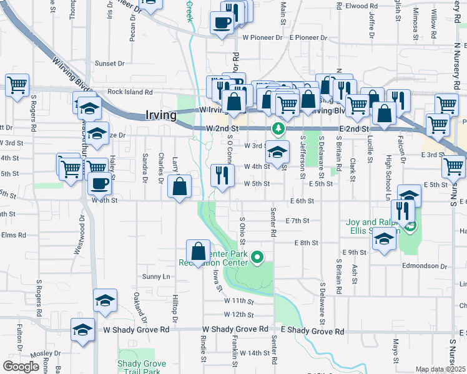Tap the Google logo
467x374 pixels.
tap(21, 367)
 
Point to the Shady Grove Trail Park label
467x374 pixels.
tap(142, 368)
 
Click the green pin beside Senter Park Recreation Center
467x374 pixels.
tap(256, 256)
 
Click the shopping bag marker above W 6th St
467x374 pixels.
tap(180, 186)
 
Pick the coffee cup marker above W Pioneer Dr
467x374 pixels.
tap(222, 24)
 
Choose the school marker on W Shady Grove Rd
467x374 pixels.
tap(82, 330)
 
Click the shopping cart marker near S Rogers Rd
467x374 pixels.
tap(17, 85)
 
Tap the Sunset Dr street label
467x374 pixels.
tap(109, 64)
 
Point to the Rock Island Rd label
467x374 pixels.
tap(130, 92)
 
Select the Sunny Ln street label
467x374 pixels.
tap(156, 276)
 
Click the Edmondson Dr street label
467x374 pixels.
tap(425, 266)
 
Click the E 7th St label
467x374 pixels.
tap(297, 221)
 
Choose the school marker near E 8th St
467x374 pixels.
tap(384, 239)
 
